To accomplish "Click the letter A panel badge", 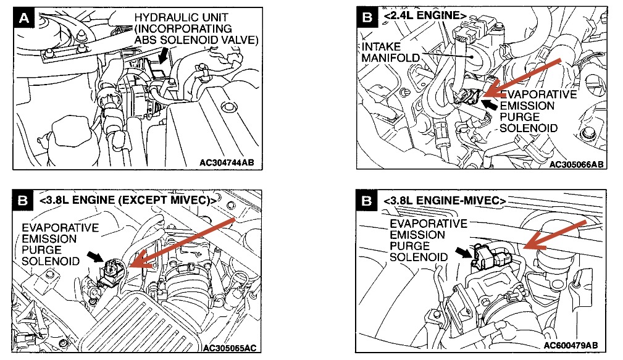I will point(25,19).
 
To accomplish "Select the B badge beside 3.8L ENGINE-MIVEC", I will point(367,201).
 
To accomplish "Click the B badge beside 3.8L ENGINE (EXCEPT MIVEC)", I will point(22,201).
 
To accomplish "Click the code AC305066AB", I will point(575,164).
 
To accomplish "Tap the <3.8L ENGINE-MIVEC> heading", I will point(445,201).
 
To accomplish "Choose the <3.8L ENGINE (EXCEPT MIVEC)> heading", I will point(127,201).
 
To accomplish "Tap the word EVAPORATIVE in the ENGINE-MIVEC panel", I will point(429,224).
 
